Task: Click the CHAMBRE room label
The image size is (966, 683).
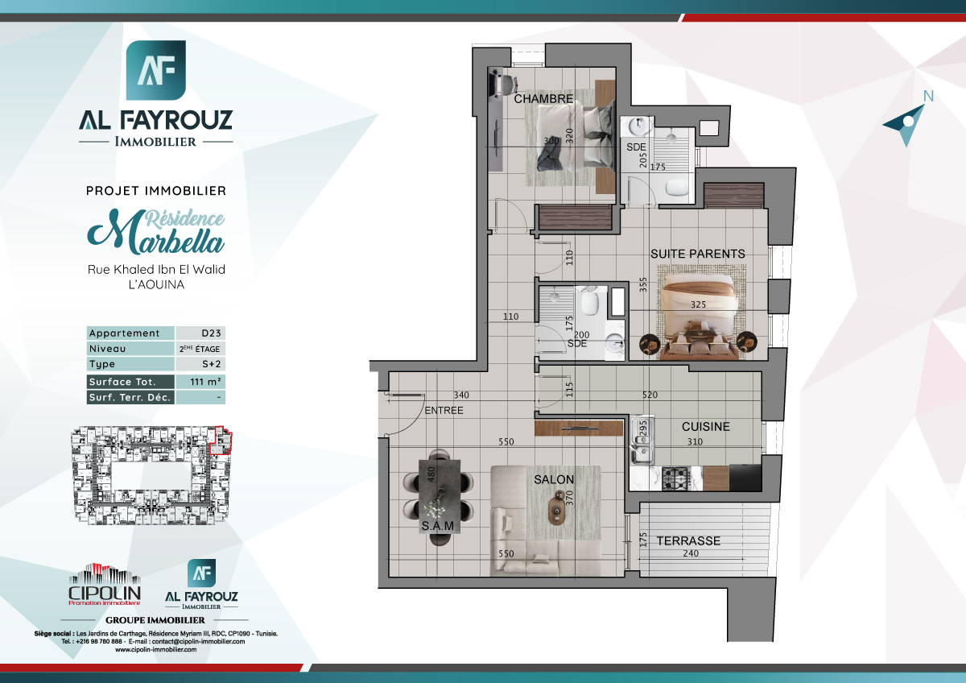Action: pos(543,99)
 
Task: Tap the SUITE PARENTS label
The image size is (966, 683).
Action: pos(697,254)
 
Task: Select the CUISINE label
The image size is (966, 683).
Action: pos(705,427)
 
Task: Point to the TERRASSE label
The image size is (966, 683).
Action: pos(687,541)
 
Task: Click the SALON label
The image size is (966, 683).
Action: pos(554,480)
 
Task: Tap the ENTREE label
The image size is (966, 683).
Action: pos(443,411)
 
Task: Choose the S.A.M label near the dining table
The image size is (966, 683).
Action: pos(438,527)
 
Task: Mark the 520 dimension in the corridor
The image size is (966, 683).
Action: pos(650,395)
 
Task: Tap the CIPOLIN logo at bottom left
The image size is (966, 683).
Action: pos(105,586)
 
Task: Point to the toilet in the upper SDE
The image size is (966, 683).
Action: pos(676,187)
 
